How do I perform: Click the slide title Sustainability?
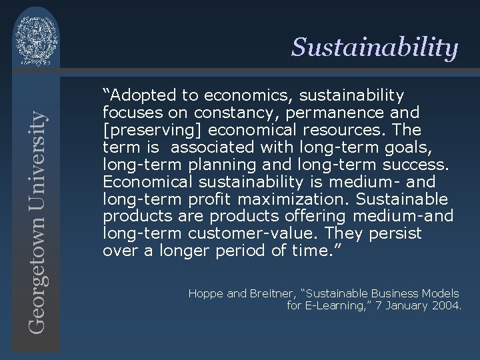[375, 48]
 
